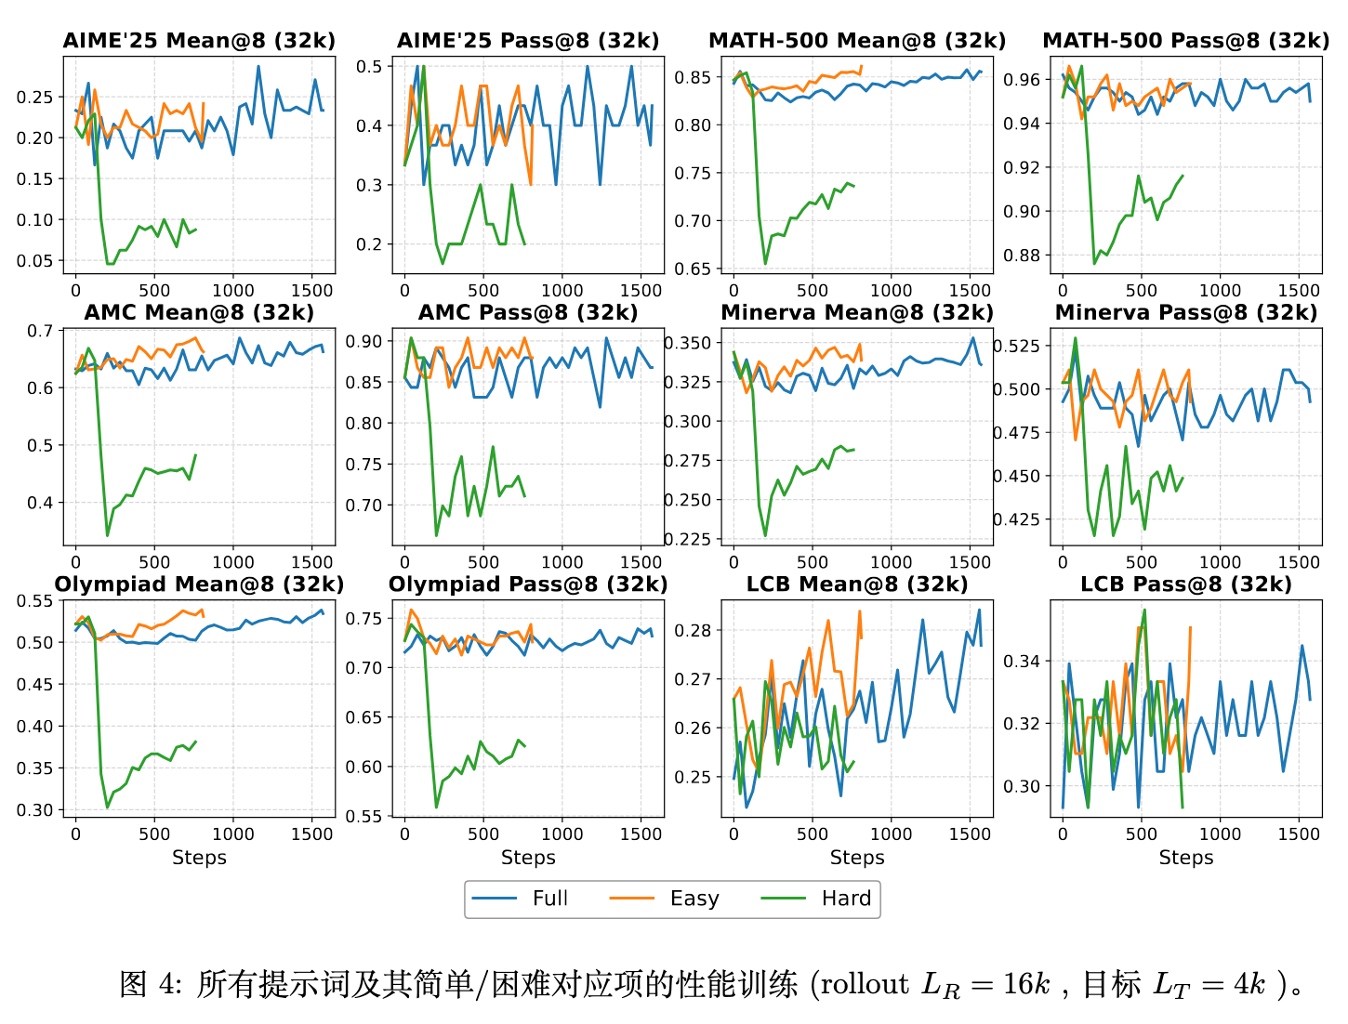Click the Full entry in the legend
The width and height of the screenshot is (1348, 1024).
point(549,899)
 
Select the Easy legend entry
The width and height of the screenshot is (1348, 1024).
point(694,899)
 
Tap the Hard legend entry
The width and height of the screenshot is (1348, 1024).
point(846,899)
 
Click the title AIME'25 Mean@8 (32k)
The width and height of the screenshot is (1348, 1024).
point(199,41)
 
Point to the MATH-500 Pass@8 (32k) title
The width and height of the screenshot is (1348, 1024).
point(1186,41)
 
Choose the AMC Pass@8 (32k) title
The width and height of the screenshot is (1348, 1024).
point(528,313)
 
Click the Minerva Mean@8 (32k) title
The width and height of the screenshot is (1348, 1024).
point(857,313)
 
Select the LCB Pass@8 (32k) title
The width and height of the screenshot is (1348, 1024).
point(1186,584)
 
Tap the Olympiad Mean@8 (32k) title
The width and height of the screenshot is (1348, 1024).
point(199,584)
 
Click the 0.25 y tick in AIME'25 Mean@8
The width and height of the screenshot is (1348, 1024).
point(35,98)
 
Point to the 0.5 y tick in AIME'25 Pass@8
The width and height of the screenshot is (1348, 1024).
point(370,67)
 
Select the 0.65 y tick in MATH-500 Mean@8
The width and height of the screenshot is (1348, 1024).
point(693,269)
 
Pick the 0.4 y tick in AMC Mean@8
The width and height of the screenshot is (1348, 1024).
point(41,504)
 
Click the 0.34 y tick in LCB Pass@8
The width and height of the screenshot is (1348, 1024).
point(1023,662)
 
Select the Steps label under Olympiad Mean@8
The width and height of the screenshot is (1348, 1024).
point(199,858)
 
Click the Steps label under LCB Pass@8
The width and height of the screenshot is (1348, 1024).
point(1186,858)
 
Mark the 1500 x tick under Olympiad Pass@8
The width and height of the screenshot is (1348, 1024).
point(641,834)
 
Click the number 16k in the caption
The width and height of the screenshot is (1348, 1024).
point(1026,984)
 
